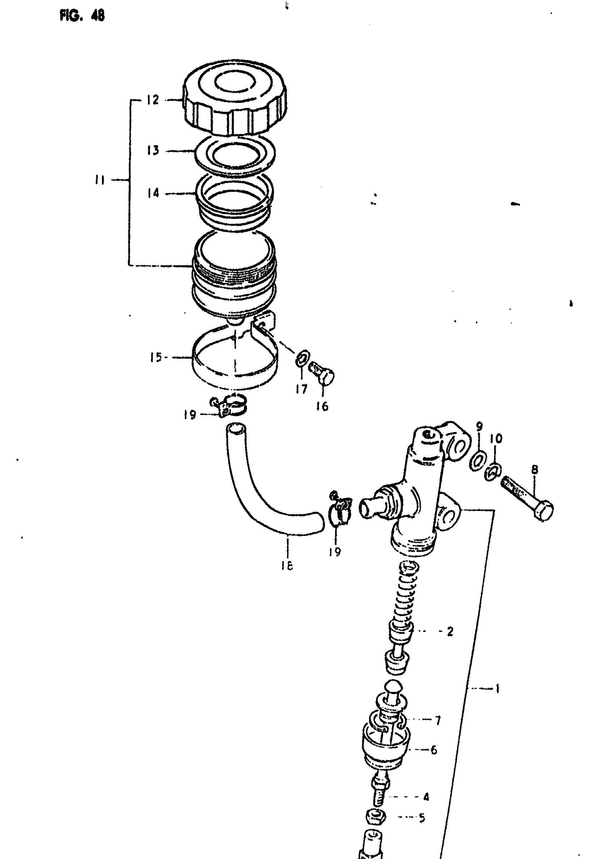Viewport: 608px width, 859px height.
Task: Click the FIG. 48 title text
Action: point(82,16)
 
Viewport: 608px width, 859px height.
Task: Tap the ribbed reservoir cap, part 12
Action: point(235,99)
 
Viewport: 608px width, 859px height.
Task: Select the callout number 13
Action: point(153,151)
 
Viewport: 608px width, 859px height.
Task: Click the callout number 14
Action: point(153,193)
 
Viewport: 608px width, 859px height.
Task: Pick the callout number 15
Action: point(155,358)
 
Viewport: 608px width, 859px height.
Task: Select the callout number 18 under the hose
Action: point(287,565)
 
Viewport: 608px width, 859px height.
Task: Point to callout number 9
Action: point(479,426)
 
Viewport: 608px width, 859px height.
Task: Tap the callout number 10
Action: point(496,438)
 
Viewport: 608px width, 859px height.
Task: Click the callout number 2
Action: point(450,632)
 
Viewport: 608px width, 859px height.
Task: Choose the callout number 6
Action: point(433,750)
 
